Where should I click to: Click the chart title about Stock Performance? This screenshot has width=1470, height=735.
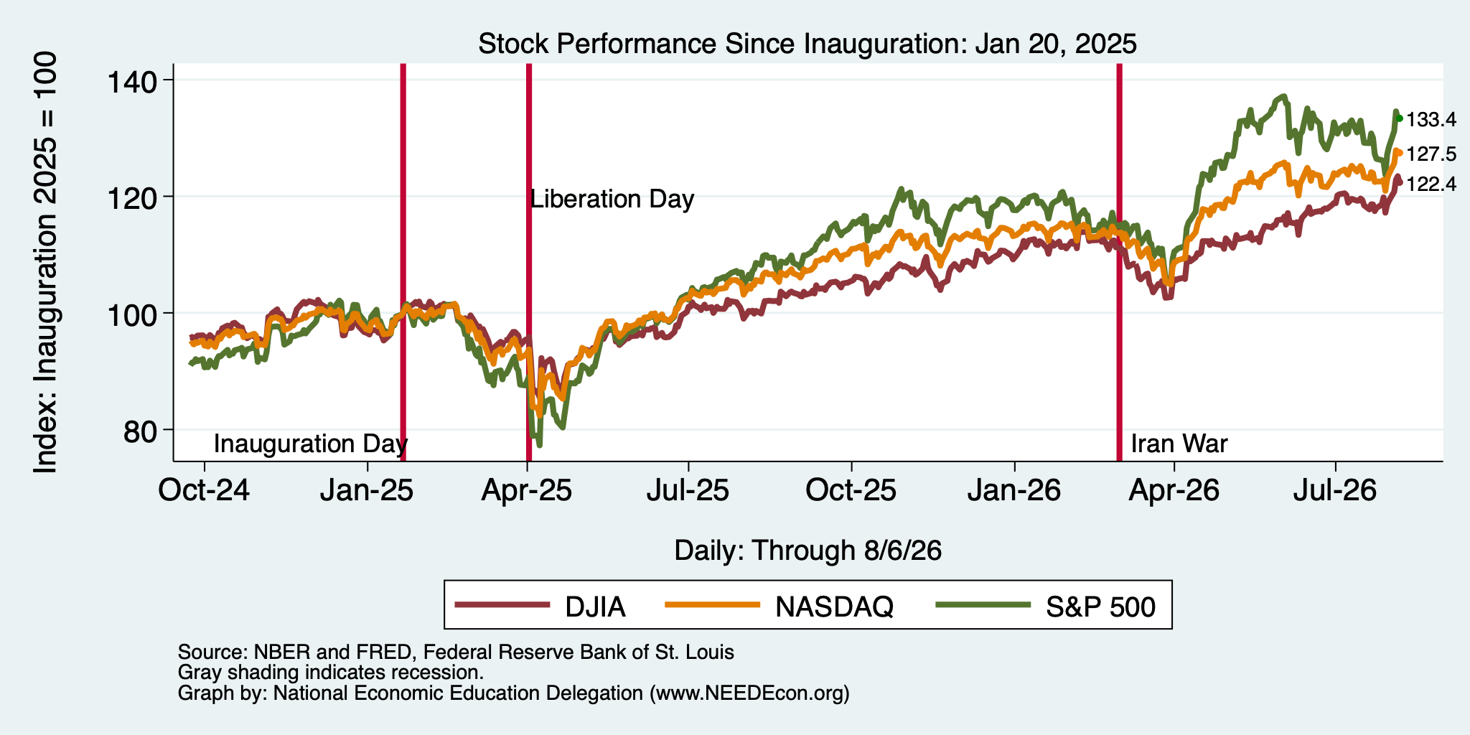coord(807,44)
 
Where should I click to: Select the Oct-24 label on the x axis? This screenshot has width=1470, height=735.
coord(205,491)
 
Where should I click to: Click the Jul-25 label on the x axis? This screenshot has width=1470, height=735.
coord(688,491)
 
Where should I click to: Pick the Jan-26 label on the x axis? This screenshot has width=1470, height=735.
coord(1014,491)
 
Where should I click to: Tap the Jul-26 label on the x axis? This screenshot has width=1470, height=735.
coord(1334,491)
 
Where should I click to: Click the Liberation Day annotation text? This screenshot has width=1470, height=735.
coord(612,199)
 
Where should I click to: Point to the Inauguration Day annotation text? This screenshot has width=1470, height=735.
coord(311,444)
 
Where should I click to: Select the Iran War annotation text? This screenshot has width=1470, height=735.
coord(1179,444)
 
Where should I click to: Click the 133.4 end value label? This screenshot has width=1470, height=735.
coord(1431,120)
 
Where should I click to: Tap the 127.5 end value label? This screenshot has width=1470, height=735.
coord(1431,154)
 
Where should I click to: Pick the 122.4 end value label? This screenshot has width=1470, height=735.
coord(1431,184)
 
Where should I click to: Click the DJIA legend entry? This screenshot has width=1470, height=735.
coord(540,607)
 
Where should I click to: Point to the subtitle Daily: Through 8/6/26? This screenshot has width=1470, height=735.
coord(807,551)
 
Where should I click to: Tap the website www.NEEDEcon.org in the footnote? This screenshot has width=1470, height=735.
coord(746,693)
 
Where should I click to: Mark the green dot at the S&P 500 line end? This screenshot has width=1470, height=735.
coord(1399,118)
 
